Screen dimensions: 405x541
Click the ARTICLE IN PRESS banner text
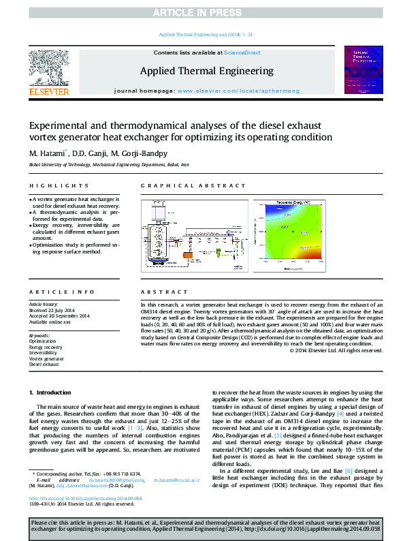click(201, 13)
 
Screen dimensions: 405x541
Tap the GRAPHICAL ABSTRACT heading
click(178, 186)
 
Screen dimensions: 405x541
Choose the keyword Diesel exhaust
click(44, 365)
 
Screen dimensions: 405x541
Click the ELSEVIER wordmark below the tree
click(48, 91)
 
